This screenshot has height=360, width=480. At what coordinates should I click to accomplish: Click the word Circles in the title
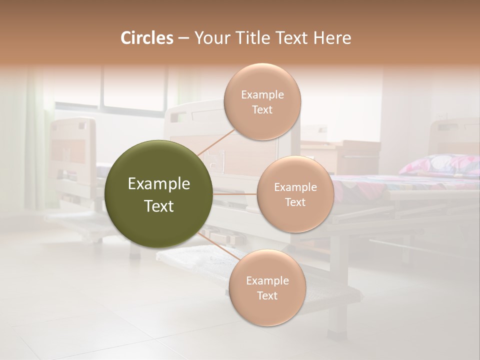pyautogui.click(x=147, y=38)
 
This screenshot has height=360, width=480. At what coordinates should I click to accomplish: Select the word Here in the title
pyautogui.click(x=332, y=38)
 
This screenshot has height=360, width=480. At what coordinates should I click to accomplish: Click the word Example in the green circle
pyautogui.click(x=159, y=184)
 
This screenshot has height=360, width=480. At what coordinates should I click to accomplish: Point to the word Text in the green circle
pyautogui.click(x=159, y=206)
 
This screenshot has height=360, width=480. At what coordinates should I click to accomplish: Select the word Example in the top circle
pyautogui.click(x=262, y=95)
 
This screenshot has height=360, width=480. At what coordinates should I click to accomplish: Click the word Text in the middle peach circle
pyautogui.click(x=295, y=202)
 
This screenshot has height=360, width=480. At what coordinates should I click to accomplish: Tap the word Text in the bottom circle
pyautogui.click(x=267, y=296)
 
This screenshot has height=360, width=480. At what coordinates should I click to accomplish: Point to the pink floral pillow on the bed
pyautogui.click(x=440, y=164)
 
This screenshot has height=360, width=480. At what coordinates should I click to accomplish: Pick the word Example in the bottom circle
pyautogui.click(x=267, y=281)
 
